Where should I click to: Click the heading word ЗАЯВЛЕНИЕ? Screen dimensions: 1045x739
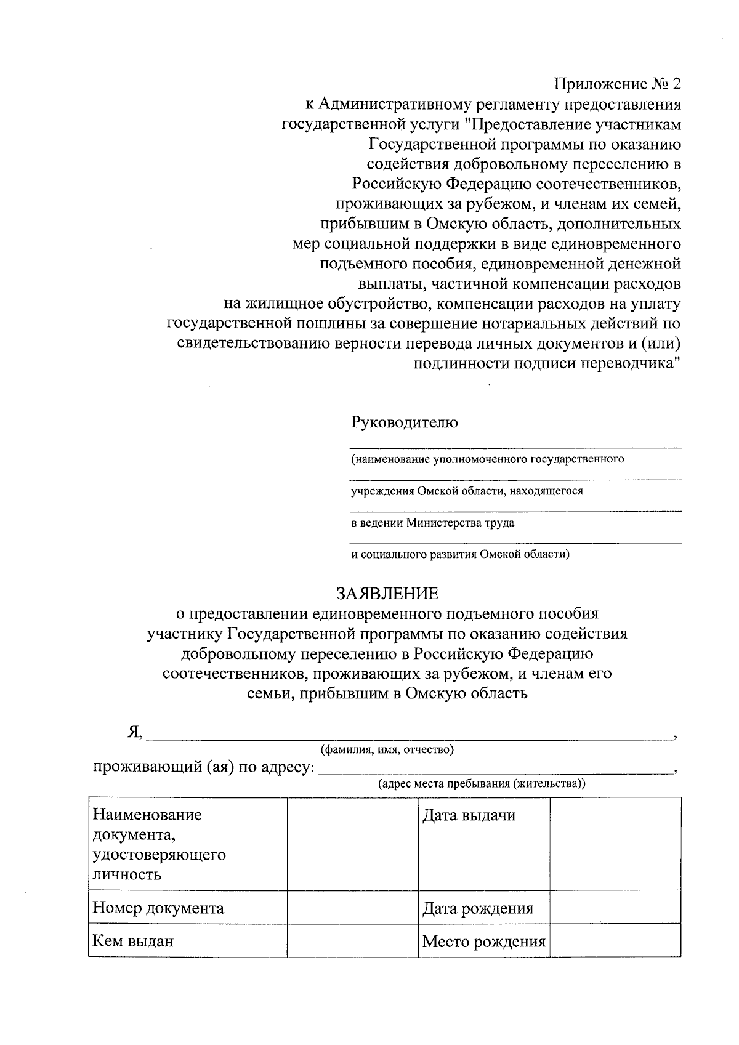(387, 594)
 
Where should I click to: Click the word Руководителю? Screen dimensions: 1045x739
(404, 422)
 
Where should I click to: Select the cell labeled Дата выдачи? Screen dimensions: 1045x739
(469, 816)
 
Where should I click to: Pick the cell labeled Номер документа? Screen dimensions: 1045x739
(158, 908)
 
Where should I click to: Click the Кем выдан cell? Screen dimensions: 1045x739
(133, 941)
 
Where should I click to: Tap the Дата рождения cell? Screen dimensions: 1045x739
(477, 908)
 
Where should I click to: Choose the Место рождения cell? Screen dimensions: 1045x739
(483, 942)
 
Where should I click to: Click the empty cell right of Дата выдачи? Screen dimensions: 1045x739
(615, 844)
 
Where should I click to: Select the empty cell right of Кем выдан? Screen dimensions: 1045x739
(352, 940)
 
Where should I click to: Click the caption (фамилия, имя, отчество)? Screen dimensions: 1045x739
(387, 749)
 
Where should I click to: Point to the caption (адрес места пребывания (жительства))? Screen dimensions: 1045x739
(482, 784)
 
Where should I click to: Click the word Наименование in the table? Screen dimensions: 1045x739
(147, 815)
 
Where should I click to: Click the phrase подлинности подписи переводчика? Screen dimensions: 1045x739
(547, 363)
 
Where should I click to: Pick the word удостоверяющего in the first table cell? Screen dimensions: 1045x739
(159, 855)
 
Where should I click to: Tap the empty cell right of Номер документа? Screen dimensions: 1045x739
(352, 907)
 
